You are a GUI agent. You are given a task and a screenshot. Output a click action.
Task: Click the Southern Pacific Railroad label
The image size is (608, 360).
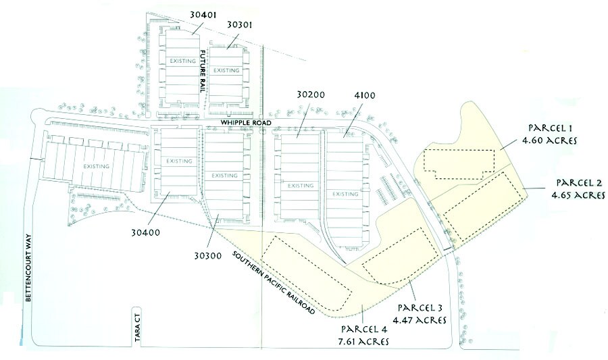coord(273,282)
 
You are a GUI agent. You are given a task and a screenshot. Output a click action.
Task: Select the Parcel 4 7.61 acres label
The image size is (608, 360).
coord(365,335)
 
